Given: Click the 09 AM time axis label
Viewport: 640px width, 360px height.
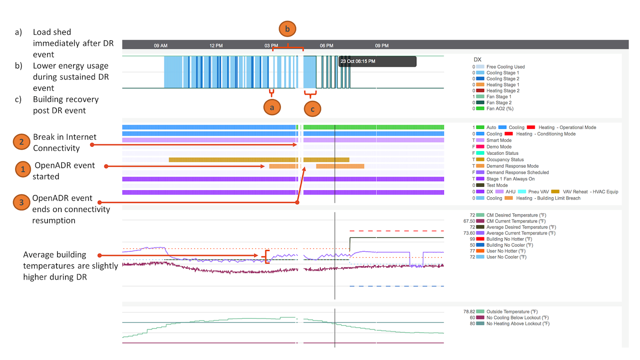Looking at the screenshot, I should click(160, 46).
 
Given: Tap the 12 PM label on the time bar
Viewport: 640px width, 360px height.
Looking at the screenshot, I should click(216, 46).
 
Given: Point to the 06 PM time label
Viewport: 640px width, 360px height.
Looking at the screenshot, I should click(327, 46).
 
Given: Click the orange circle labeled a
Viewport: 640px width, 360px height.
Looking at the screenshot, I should click(272, 107).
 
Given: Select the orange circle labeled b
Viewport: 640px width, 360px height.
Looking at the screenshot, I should click(287, 29).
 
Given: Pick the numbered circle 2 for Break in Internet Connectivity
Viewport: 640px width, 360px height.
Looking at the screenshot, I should click(21, 142).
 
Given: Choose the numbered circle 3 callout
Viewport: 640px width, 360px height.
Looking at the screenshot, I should click(21, 203).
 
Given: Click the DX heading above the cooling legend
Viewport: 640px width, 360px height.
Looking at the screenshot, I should click(477, 60).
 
